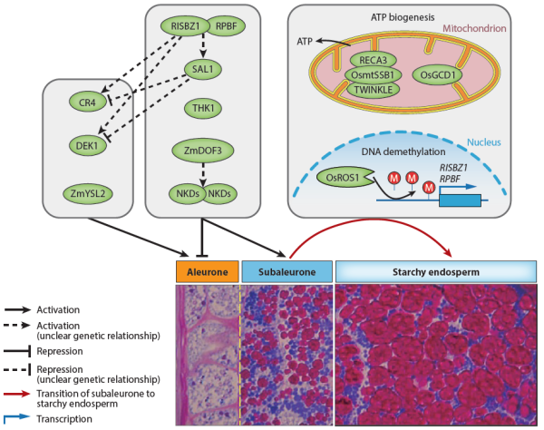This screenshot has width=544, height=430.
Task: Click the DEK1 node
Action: click(x=87, y=144)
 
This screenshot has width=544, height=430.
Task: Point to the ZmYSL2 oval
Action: click(x=87, y=192)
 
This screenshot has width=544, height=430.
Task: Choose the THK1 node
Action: click(x=202, y=109)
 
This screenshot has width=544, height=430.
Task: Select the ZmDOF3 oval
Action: click(x=202, y=151)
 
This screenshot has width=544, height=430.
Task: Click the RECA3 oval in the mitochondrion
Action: click(x=374, y=61)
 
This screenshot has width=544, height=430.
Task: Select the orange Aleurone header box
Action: click(x=207, y=271)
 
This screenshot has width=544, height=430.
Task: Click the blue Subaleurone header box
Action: click(x=287, y=271)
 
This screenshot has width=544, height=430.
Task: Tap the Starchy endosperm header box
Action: click(x=434, y=271)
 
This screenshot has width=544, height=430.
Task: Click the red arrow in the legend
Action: click(x=24, y=395)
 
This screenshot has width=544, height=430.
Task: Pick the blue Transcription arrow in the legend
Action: click(x=24, y=417)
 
